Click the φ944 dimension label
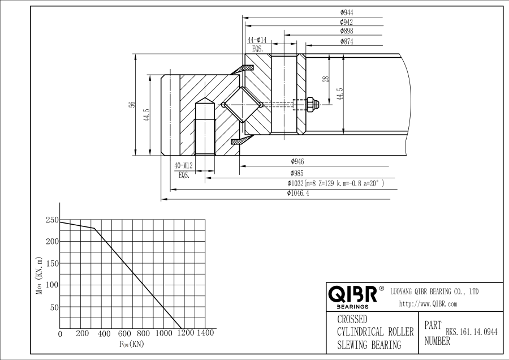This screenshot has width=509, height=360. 347,12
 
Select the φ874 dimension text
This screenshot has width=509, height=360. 347,41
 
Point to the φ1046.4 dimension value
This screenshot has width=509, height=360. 298,193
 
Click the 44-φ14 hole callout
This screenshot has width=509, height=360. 257,40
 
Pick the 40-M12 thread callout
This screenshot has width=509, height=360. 184,165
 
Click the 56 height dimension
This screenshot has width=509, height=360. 132,104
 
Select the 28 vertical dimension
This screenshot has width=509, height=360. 325,79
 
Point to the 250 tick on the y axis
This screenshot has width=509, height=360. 52,220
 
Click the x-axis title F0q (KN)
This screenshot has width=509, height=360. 131,344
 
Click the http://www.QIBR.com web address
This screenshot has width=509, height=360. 428,304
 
